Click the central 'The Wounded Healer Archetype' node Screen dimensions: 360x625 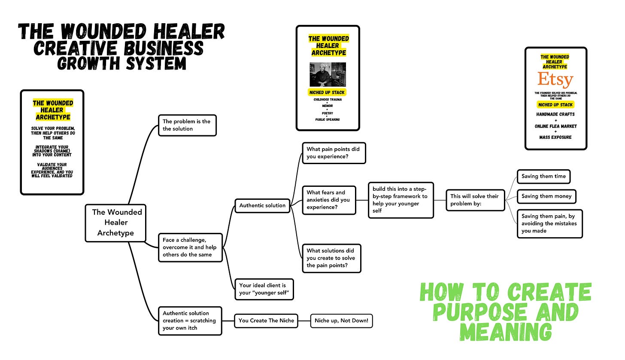pos(116,222)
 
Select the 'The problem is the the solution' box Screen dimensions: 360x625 pos(187,125)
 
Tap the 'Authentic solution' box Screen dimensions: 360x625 pos(262,205)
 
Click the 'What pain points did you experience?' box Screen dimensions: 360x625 pos(334,153)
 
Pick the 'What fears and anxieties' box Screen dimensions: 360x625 pos(329,200)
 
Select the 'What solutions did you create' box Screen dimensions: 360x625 pos(331,258)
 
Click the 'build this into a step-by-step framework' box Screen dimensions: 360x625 pos(400,200)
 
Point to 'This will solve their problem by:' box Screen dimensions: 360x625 pos(475,200)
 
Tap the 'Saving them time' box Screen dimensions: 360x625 pos(543,176)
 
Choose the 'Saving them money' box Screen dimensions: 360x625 pos(546,196)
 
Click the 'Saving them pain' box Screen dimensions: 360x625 pos(549,223)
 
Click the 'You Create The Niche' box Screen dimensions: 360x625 pos(266,320)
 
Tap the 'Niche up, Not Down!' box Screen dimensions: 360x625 pos(341,320)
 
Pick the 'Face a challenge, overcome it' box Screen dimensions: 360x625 pos(190,247)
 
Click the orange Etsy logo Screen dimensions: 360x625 pos(555,80)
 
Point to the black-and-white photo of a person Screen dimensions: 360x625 pos(328,74)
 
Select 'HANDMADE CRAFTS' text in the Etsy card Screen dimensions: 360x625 pos(555,114)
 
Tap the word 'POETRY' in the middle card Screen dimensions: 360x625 pos(328,114)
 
